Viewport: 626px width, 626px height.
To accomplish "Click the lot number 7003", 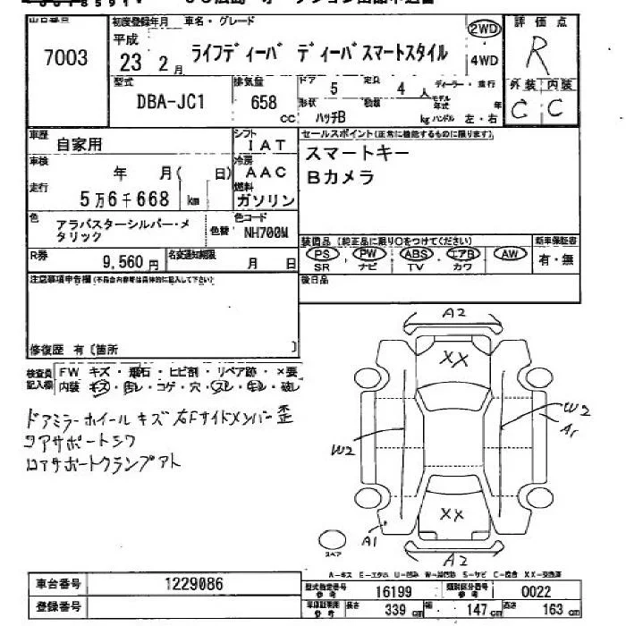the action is click(65, 58).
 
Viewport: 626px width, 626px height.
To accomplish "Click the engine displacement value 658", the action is click(263, 103).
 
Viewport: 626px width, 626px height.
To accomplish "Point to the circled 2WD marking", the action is click(483, 29).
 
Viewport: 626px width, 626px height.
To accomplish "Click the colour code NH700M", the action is click(266, 233).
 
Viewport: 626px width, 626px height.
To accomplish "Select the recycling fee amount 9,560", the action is click(126, 264).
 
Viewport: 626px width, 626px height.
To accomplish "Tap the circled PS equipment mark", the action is click(322, 254).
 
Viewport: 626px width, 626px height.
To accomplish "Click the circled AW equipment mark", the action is click(511, 254).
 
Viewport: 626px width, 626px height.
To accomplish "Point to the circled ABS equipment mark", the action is click(416, 254).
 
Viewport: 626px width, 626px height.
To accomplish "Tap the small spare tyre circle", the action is click(333, 540).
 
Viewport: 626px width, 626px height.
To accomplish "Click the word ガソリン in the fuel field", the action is click(265, 199).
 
